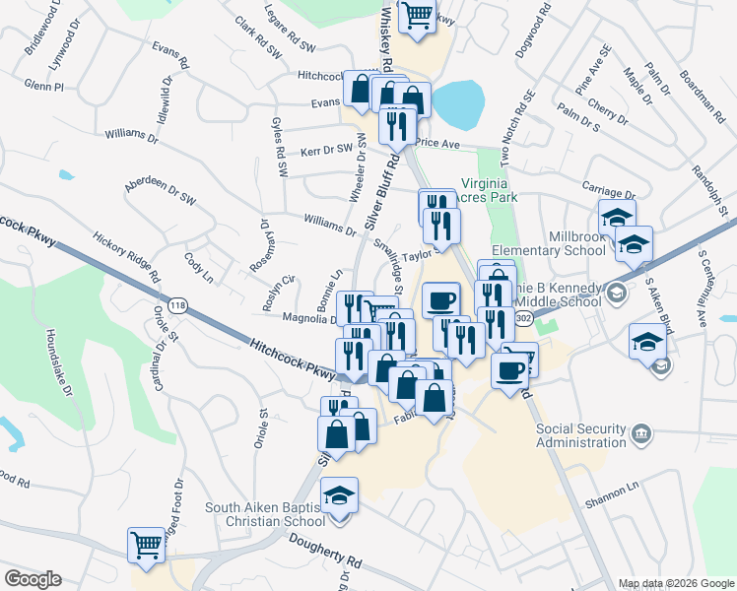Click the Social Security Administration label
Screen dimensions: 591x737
tap(581, 436)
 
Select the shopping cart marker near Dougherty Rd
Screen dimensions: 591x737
tap(146, 544)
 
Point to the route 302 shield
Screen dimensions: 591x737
tap(523, 318)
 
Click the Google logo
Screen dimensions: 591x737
tap(33, 579)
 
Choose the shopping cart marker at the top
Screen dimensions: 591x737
tap(417, 16)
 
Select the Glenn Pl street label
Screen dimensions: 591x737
tap(43, 87)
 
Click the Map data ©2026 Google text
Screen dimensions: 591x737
tap(676, 583)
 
